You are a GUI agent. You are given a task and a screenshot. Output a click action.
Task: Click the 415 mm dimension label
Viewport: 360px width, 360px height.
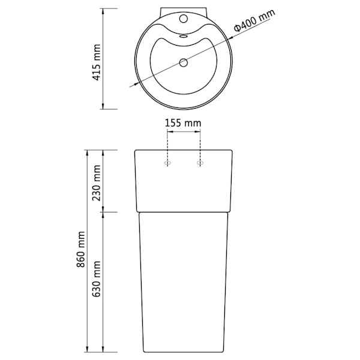point(97,62)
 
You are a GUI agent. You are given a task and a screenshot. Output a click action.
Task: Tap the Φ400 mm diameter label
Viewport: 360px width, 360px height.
point(254,20)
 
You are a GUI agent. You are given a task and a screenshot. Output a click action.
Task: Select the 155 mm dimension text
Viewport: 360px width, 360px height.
point(183,123)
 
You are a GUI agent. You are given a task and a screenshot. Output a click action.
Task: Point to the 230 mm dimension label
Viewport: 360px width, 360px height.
point(97,183)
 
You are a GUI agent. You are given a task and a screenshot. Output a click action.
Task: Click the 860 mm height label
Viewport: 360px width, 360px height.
point(80,250)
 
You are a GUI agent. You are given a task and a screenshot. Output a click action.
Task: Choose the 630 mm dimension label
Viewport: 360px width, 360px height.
point(97,279)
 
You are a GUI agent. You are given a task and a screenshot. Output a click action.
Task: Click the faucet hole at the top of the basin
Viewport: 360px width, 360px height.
point(184,19)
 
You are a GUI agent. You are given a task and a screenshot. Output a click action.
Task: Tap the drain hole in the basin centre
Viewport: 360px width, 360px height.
point(183,62)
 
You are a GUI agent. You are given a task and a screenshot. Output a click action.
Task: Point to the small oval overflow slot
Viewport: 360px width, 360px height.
point(183,36)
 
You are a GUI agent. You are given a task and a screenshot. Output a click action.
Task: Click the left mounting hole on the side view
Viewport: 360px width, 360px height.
point(167,163)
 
